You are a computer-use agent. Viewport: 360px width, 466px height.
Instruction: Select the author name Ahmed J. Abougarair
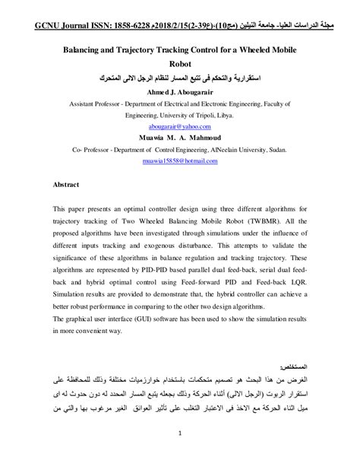point(179,91)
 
